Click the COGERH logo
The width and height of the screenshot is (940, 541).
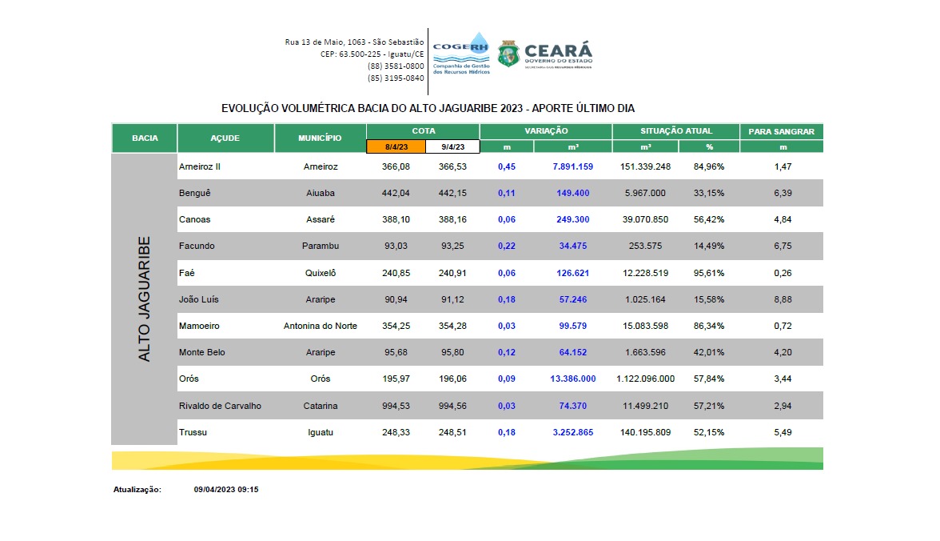(460, 53)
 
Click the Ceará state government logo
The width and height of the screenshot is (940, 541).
(545, 54)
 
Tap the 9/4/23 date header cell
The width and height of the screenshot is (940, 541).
(452, 146)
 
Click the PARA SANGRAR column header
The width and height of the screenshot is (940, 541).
(781, 131)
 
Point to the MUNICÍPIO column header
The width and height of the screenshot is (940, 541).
(320, 138)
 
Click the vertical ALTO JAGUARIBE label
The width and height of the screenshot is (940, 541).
(144, 299)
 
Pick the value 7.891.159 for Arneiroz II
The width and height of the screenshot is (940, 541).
(572, 166)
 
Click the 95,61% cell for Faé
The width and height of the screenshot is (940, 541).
(709, 273)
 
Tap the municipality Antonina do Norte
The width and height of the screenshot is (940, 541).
(320, 326)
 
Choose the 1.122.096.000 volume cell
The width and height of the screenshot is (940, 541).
(645, 379)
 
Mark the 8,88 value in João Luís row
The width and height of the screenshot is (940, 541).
(783, 299)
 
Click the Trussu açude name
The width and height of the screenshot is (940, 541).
(193, 432)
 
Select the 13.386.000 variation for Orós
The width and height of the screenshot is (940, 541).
(572, 379)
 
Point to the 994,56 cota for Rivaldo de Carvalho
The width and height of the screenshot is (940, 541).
(452, 406)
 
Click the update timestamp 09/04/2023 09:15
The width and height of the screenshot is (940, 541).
(226, 489)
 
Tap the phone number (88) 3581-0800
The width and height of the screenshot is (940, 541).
(396, 66)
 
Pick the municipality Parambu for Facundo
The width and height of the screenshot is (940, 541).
(320, 246)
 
